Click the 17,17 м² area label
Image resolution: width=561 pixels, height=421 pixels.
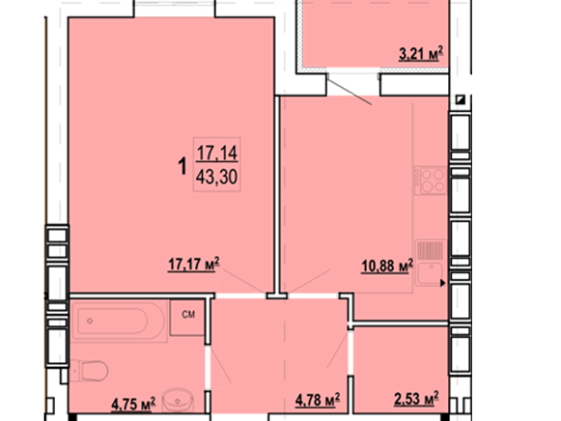[193, 265]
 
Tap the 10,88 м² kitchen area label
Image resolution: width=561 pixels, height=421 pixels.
[388, 266]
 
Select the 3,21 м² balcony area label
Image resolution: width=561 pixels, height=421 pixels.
[421, 54]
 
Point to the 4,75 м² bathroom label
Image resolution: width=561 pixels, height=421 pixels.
[134, 404]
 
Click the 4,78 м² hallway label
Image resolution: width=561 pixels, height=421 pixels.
[317, 399]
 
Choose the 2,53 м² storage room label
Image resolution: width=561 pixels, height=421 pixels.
[416, 399]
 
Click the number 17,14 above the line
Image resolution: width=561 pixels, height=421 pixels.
[217, 153]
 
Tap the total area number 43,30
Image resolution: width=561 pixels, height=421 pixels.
[217, 177]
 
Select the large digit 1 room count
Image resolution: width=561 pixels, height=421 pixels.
[183, 166]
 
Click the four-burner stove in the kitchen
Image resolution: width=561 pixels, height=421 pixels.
[430, 180]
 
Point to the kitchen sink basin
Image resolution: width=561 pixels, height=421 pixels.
[429, 274]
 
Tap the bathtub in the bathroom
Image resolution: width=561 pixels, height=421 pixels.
[118, 320]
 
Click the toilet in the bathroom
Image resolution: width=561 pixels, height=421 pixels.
[89, 371]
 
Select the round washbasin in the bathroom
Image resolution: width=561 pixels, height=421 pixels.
[178, 399]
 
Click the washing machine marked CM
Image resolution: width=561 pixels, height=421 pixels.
[187, 318]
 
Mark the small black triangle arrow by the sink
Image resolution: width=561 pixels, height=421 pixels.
[443, 283]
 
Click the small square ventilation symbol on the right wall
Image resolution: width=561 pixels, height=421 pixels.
[461, 100]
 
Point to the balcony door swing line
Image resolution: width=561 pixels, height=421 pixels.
[349, 92]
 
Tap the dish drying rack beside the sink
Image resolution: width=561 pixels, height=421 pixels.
[429, 250]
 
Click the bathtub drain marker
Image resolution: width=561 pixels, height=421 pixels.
[90, 321]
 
